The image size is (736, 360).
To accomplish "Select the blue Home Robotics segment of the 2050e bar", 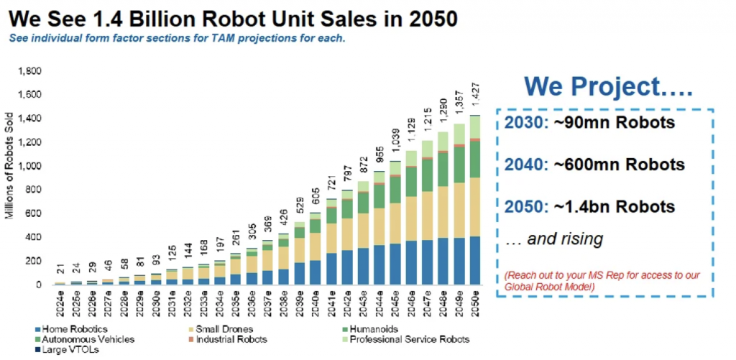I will click(x=475, y=260).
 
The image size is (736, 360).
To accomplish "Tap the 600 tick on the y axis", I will click(x=35, y=213).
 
